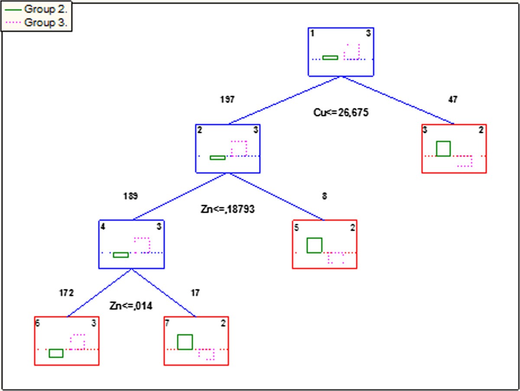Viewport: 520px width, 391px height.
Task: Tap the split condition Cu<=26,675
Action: [341, 113]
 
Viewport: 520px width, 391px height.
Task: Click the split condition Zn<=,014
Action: [131, 306]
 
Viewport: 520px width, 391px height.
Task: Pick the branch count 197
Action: [227, 100]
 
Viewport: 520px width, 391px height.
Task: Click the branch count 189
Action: [130, 196]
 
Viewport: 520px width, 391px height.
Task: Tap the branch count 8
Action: [325, 196]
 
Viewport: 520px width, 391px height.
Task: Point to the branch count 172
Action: [66, 293]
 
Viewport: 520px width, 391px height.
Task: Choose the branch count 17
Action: [195, 293]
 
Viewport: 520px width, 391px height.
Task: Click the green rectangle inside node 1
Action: [330, 58]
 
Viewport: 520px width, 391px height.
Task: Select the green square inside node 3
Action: [443, 149]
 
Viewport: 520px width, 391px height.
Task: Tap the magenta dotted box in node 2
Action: [239, 148]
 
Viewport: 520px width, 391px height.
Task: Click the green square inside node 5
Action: [314, 245]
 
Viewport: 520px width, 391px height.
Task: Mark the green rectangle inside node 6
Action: [56, 353]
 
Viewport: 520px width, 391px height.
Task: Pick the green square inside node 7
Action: [185, 342]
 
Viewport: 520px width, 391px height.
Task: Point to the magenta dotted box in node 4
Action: [142, 245]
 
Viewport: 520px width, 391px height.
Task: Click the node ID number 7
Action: [167, 323]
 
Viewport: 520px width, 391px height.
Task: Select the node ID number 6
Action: [38, 323]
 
